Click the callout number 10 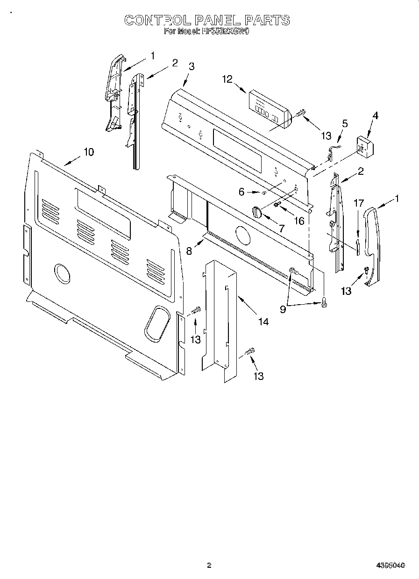coord(88,151)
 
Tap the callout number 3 coord(192,66)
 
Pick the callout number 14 coord(263,322)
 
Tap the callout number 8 coord(189,251)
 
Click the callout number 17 coord(358,203)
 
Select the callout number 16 coord(299,221)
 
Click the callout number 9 coord(283,309)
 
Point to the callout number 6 coord(241,192)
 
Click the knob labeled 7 coord(256,212)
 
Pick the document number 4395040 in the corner coord(390,565)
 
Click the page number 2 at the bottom coord(209,565)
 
